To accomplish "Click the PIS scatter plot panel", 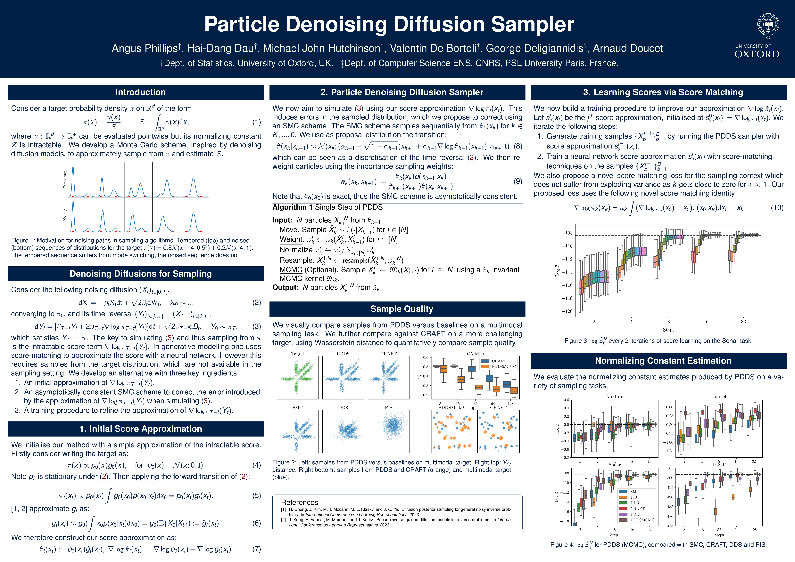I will click(388, 431).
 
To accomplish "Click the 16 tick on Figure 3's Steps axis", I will click(706, 321).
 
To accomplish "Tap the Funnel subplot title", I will click(719, 397).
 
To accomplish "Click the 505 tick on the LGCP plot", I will click(670, 469).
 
